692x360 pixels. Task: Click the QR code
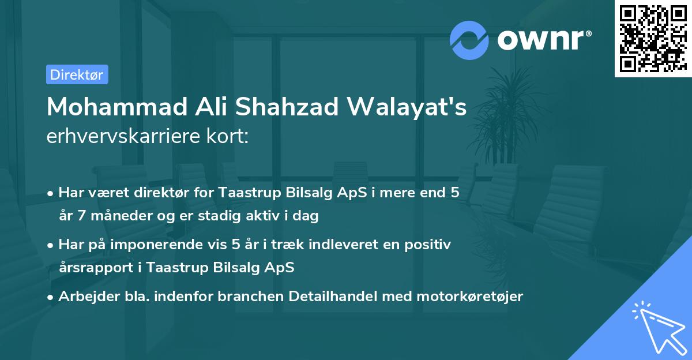[653, 38]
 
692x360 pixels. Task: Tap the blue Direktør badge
[77, 74]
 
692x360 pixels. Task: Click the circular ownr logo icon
[469, 40]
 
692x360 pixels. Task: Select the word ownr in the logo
[543, 40]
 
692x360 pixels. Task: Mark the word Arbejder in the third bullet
[84, 297]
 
